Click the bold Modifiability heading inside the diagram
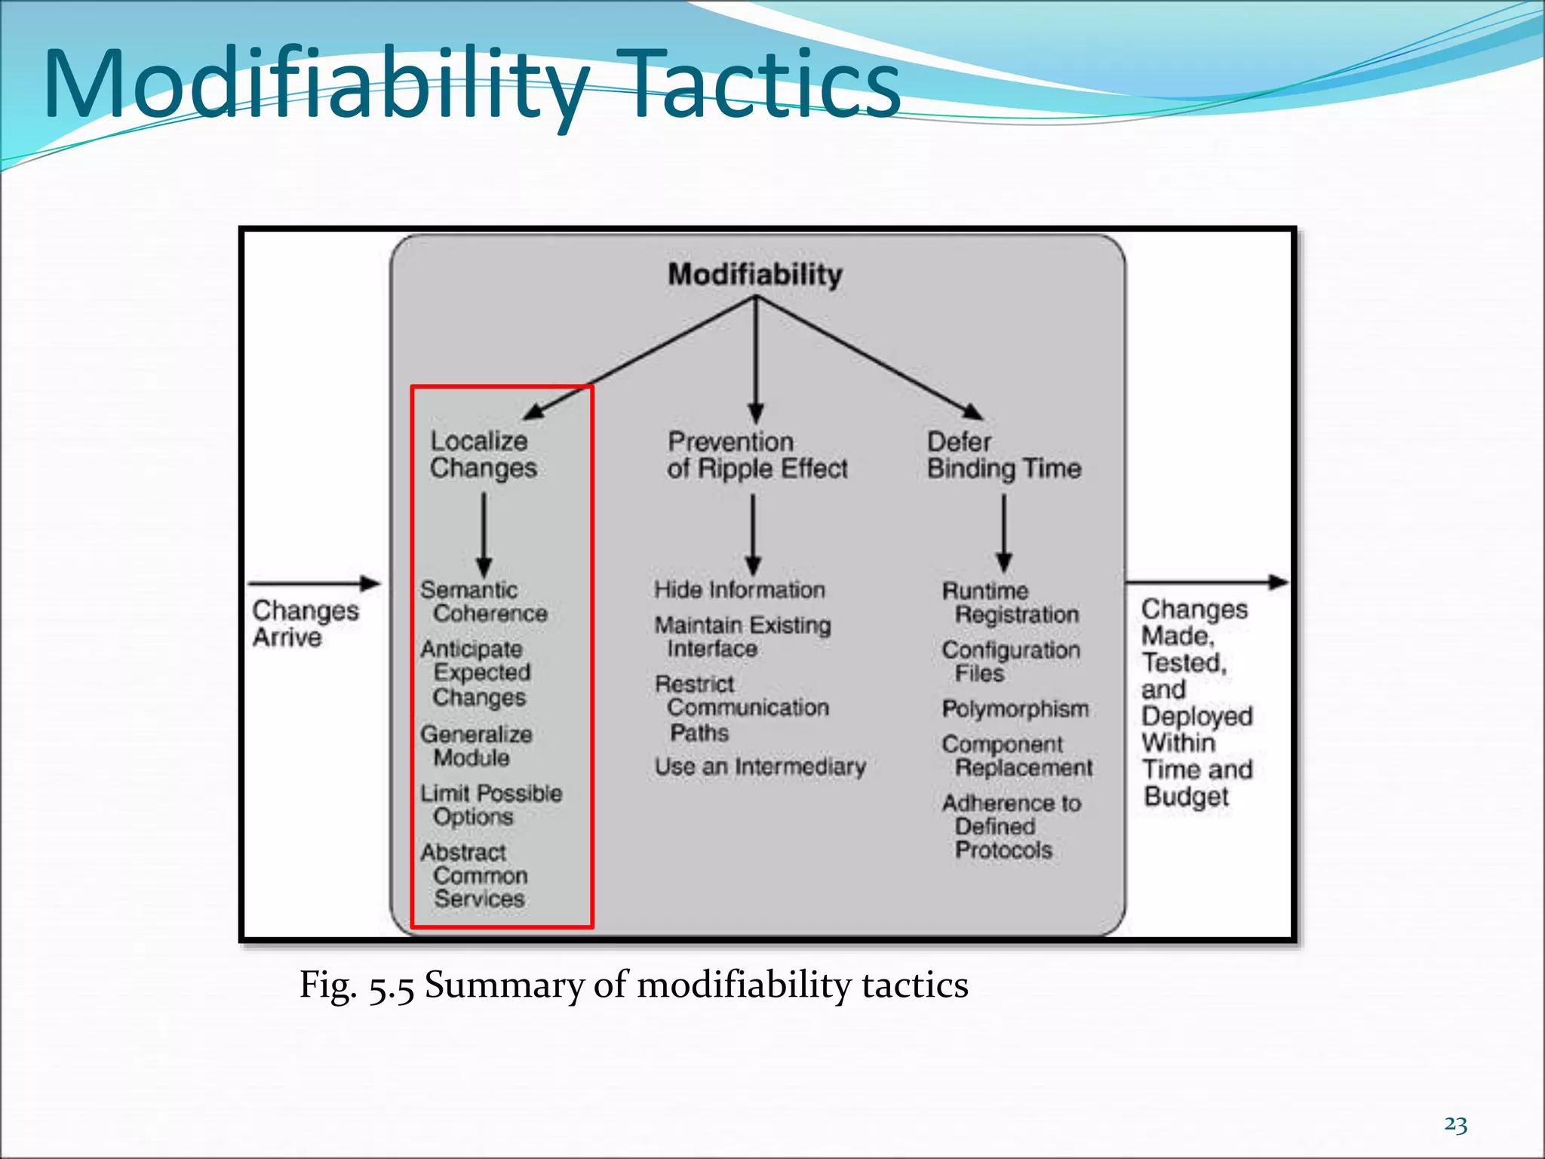tap(755, 275)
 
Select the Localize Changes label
tap(483, 455)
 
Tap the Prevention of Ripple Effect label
tap(757, 455)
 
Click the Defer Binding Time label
tap(1003, 455)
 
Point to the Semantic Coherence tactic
tap(483, 601)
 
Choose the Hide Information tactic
tap(739, 590)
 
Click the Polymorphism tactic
tap(1015, 709)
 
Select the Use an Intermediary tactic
tap(760, 767)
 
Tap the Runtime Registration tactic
tap(1010, 603)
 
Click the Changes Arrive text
tap(305, 623)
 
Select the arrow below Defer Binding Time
tap(1004, 533)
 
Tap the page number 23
tap(1455, 1124)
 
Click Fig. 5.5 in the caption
tap(357, 985)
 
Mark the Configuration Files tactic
tap(1011, 662)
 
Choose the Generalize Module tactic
tap(475, 746)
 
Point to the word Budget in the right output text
tap(1186, 797)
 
